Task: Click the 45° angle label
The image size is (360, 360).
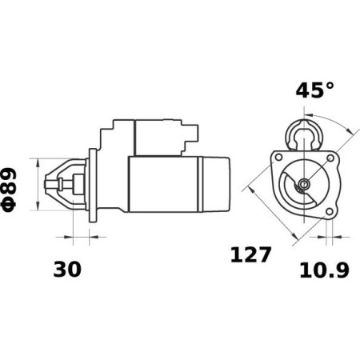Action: (x=314, y=90)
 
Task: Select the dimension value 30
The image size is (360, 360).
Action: (x=68, y=270)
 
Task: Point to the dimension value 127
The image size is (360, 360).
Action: (x=251, y=255)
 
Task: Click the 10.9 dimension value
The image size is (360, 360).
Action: (x=324, y=270)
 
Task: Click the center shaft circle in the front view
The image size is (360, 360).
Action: (x=303, y=186)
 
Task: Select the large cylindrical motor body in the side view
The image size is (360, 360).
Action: (x=164, y=184)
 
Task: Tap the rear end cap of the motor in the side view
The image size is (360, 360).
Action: (x=216, y=184)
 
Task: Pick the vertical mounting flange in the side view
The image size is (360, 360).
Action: (x=92, y=185)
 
